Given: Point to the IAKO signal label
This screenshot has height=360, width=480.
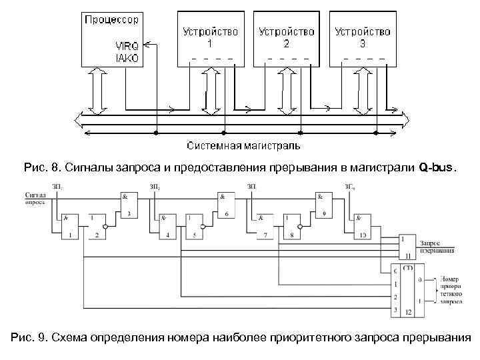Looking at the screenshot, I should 127,58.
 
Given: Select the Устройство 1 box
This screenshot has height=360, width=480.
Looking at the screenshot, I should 210,39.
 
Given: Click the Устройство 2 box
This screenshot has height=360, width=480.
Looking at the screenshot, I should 286,39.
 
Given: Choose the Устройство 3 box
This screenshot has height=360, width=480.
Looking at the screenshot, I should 363,39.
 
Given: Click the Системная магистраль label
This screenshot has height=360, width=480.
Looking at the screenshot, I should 243,145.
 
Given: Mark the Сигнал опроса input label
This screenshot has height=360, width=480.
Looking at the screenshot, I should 35,197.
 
